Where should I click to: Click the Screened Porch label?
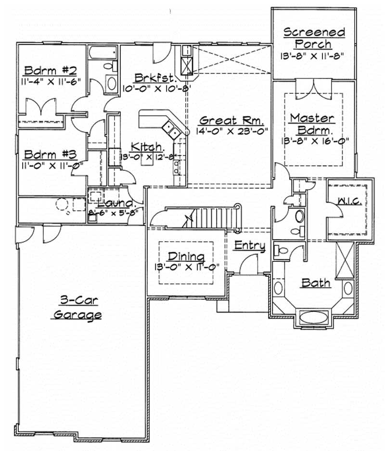(314, 38)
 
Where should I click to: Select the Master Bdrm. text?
(312, 124)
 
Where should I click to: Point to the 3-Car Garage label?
(77, 308)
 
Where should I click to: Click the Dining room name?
(186, 256)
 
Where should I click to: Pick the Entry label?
(249, 245)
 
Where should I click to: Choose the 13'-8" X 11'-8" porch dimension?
(314, 56)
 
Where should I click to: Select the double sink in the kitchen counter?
(171, 128)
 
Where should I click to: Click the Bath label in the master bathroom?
(316, 282)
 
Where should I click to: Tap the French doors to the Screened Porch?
(313, 89)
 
